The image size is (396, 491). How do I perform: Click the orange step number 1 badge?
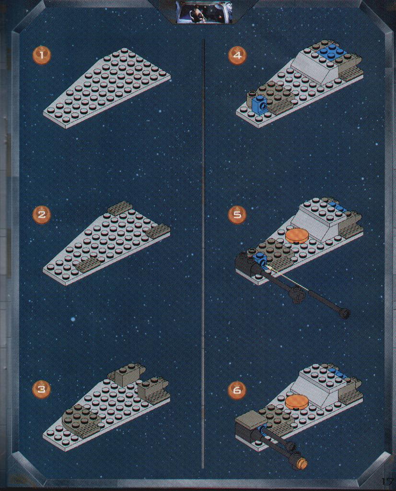pos(42,55)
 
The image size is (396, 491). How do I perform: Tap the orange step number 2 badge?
pos(42,215)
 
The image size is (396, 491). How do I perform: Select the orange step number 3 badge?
pos(42,389)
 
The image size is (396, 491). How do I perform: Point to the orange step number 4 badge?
pos(238,55)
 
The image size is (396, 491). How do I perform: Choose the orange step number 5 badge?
pos(238,215)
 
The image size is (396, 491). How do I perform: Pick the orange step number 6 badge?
pos(238,390)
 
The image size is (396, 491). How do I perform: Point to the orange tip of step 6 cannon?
pos(303,463)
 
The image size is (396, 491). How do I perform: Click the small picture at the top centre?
pos(205,12)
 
